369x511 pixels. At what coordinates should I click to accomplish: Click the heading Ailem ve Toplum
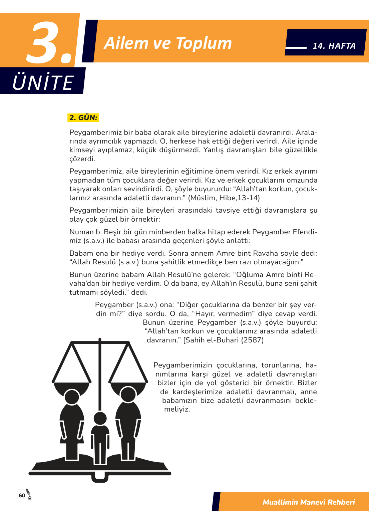(x=167, y=43)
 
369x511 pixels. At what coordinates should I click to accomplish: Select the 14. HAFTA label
(x=334, y=46)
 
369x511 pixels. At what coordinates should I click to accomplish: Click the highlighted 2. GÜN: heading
(x=83, y=117)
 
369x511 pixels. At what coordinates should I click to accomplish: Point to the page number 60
(x=22, y=495)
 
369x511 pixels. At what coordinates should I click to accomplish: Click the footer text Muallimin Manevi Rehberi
(x=309, y=502)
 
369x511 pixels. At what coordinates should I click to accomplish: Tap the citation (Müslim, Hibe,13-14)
(x=224, y=198)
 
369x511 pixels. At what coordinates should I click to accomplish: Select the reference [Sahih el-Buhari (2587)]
(x=224, y=340)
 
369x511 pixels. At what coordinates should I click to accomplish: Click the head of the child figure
(x=100, y=418)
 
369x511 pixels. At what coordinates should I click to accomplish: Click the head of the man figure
(x=128, y=394)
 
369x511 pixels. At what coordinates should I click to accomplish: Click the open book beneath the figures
(x=100, y=466)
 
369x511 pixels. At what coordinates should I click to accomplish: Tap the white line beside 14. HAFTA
(x=296, y=48)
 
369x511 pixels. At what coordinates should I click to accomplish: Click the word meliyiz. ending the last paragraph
(x=177, y=409)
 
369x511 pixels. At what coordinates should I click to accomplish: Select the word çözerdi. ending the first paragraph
(x=82, y=159)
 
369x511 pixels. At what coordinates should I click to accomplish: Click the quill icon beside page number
(x=29, y=494)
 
